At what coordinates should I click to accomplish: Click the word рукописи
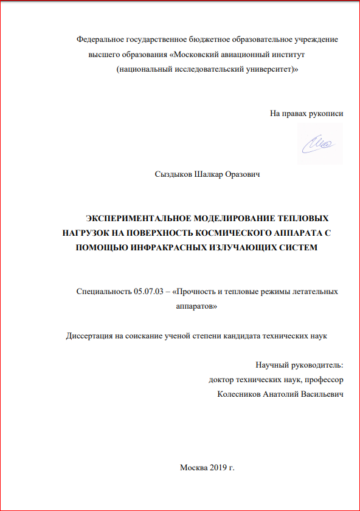pos(322,113)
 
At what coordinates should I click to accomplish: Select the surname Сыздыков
pos(175,175)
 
